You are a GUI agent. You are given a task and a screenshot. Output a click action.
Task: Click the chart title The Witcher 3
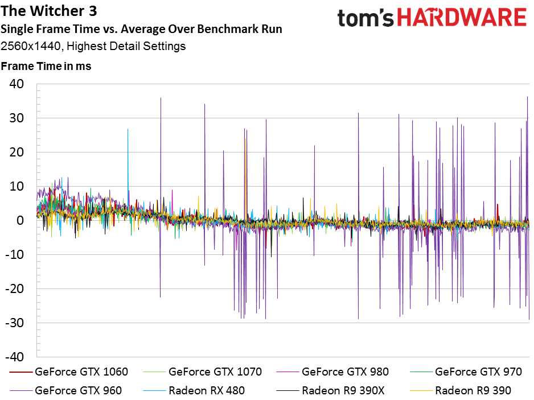coord(49,11)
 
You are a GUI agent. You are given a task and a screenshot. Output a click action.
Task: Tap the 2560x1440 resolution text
coord(31,46)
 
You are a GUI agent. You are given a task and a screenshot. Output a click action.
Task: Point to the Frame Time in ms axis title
coord(46,66)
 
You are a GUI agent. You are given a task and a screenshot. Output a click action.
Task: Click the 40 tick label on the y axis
coord(17,84)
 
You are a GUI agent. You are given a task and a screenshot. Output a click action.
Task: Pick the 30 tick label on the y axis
coord(17,118)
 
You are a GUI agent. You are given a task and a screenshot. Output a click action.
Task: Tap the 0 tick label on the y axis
coord(20,220)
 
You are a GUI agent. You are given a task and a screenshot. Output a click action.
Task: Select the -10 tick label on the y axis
coord(15,254)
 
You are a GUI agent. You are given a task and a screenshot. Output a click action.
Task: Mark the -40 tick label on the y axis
coord(15,357)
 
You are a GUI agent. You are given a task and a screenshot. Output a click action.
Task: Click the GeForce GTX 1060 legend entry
coord(69,372)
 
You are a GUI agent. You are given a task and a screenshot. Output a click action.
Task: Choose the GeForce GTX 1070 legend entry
coord(203,372)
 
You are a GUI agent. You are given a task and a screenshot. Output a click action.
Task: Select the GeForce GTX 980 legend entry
coord(332,372)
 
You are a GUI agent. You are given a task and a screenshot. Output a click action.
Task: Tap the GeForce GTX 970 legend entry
coord(466,372)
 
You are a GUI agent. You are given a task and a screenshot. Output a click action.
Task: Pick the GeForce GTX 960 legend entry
coord(65,390)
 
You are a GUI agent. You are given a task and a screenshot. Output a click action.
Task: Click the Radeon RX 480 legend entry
coord(194,390)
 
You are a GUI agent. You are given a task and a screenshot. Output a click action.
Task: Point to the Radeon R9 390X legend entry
coord(331,390)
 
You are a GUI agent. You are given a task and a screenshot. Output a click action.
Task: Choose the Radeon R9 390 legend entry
coord(461,390)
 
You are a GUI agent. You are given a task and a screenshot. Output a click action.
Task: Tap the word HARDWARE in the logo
coord(462,18)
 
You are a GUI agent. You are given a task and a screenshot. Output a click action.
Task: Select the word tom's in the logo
coord(365,18)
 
